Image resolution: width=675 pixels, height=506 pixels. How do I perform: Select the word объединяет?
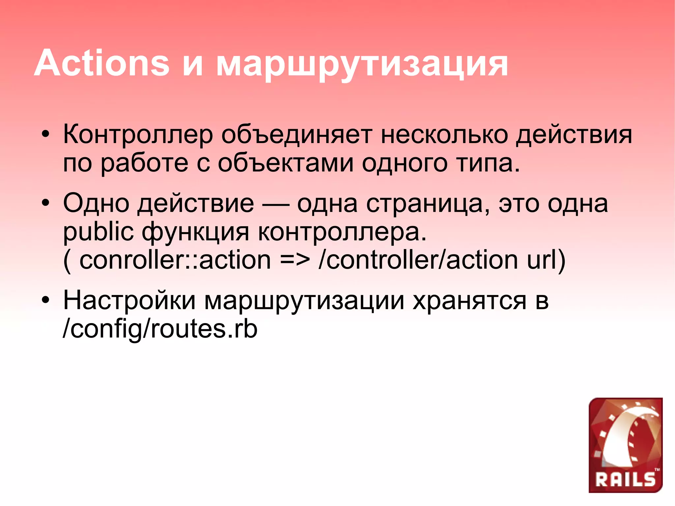coord(296,135)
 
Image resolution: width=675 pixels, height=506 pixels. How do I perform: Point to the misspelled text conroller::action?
coord(175,260)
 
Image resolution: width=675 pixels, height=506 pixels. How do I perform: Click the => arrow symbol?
coord(295,260)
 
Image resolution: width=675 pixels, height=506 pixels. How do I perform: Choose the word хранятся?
coord(469,301)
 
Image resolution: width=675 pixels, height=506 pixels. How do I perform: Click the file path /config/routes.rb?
coord(160,329)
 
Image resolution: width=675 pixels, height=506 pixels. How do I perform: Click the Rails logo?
coord(625,445)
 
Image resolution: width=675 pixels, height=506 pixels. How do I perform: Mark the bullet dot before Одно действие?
coord(46,202)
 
